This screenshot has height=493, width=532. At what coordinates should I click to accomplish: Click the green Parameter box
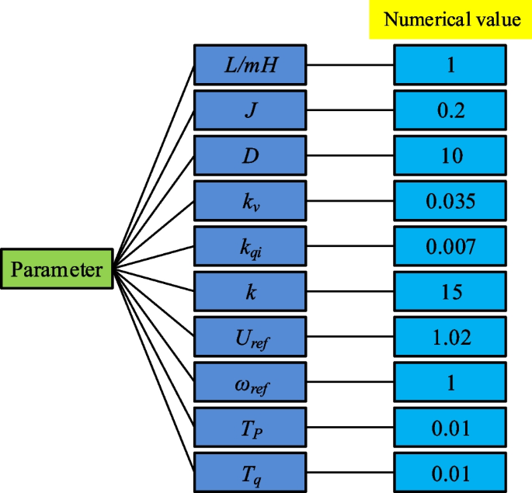(57, 270)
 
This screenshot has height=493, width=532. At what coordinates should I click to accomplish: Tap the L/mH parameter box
(249, 64)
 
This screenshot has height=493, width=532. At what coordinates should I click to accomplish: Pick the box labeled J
(249, 110)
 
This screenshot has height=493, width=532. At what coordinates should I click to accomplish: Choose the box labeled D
(249, 155)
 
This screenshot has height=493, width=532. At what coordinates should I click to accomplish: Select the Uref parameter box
(249, 337)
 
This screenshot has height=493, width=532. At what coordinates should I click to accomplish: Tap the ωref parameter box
(249, 382)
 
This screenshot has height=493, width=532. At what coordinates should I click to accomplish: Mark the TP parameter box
(249, 428)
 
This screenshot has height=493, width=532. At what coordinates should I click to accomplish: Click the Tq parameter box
(249, 473)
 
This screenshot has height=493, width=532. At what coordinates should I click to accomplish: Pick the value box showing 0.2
(450, 110)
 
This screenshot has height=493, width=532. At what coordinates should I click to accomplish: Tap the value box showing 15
(450, 292)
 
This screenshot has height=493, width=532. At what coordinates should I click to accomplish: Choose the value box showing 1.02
(450, 337)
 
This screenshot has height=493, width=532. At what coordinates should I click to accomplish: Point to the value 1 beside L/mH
(450, 64)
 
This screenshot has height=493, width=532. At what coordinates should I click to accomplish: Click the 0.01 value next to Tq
(450, 473)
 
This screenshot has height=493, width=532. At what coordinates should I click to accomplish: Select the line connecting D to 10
(349, 155)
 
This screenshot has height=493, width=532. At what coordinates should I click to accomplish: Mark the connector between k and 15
(349, 292)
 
